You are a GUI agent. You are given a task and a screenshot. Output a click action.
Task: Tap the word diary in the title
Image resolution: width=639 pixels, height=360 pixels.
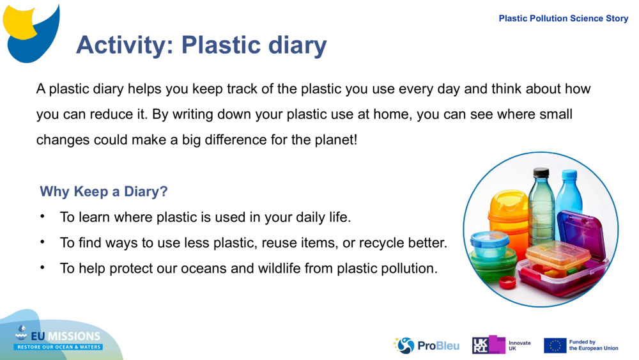(296, 45)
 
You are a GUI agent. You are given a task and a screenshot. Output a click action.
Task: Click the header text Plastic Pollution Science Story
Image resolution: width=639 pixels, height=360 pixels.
(563, 19)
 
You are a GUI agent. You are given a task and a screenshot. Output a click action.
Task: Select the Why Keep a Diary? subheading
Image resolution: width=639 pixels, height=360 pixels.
(104, 192)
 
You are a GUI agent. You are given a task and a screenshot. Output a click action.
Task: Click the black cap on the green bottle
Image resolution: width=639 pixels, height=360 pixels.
(541, 172)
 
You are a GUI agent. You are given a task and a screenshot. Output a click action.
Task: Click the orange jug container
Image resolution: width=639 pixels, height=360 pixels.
(508, 214)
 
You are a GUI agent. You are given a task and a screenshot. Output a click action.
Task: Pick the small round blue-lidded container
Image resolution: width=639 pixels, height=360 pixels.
(489, 244)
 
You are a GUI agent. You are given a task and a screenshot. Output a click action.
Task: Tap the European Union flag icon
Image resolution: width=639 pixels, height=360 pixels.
(555, 345)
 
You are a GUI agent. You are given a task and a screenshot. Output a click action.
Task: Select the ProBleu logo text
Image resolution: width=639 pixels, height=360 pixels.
(438, 346)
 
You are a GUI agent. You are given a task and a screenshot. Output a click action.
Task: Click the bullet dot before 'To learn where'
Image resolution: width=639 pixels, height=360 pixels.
(43, 217)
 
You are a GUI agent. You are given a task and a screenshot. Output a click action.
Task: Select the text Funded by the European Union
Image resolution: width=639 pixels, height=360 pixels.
(593, 345)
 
